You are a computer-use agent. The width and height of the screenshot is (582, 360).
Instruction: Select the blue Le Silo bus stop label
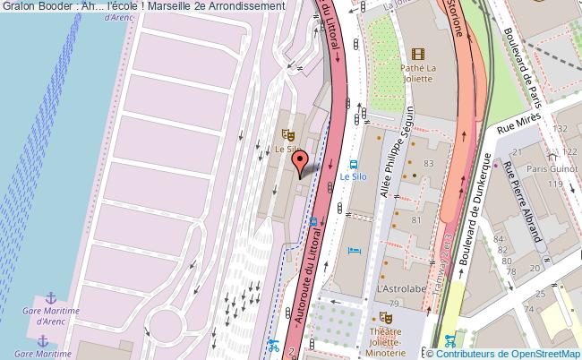coord(353,177)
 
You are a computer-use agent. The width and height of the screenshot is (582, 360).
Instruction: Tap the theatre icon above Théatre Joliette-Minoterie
coord(386,317)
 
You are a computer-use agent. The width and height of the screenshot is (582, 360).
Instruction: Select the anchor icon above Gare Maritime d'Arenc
coord(51,297)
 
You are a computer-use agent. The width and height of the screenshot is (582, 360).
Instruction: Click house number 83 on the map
coord(428,163)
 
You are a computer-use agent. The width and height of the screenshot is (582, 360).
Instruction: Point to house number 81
coord(415,219)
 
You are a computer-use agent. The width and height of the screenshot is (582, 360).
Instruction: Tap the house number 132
coord(561,130)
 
